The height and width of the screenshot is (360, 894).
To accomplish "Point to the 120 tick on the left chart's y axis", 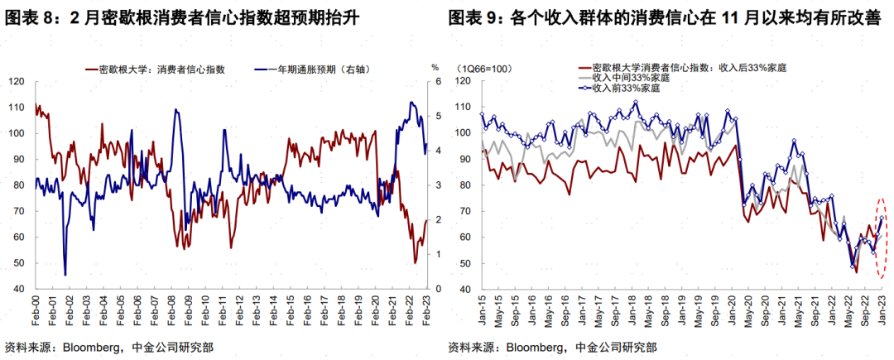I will pyautogui.click(x=17, y=81).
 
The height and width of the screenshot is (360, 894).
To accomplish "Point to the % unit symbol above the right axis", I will pyautogui.click(x=434, y=65).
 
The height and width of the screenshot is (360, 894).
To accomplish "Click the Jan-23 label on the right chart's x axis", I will pyautogui.click(x=882, y=309).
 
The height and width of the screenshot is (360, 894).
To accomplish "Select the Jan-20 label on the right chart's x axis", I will pyautogui.click(x=732, y=309).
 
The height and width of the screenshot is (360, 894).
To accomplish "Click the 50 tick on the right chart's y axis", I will pyautogui.click(x=464, y=264).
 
